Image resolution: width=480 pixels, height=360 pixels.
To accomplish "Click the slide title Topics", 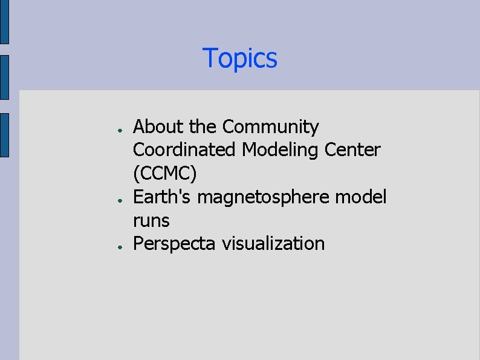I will click(240, 59).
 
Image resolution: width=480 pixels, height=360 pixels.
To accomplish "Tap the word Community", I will click(270, 127).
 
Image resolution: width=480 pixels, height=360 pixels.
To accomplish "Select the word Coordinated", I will click(185, 150).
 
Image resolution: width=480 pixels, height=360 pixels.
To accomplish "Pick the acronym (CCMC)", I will click(165, 174).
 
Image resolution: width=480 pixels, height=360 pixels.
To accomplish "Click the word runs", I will click(151, 220).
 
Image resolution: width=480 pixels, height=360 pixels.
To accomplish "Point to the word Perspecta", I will click(175, 244).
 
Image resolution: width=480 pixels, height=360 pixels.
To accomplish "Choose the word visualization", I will click(273, 244).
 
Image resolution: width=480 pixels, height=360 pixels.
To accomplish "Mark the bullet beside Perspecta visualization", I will click(121, 246).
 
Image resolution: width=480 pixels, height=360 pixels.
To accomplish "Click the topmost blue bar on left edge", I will click(4, 22).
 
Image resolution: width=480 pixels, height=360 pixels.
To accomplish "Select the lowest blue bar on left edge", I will click(4, 135).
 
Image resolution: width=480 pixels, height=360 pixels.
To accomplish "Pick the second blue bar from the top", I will click(4, 77).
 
